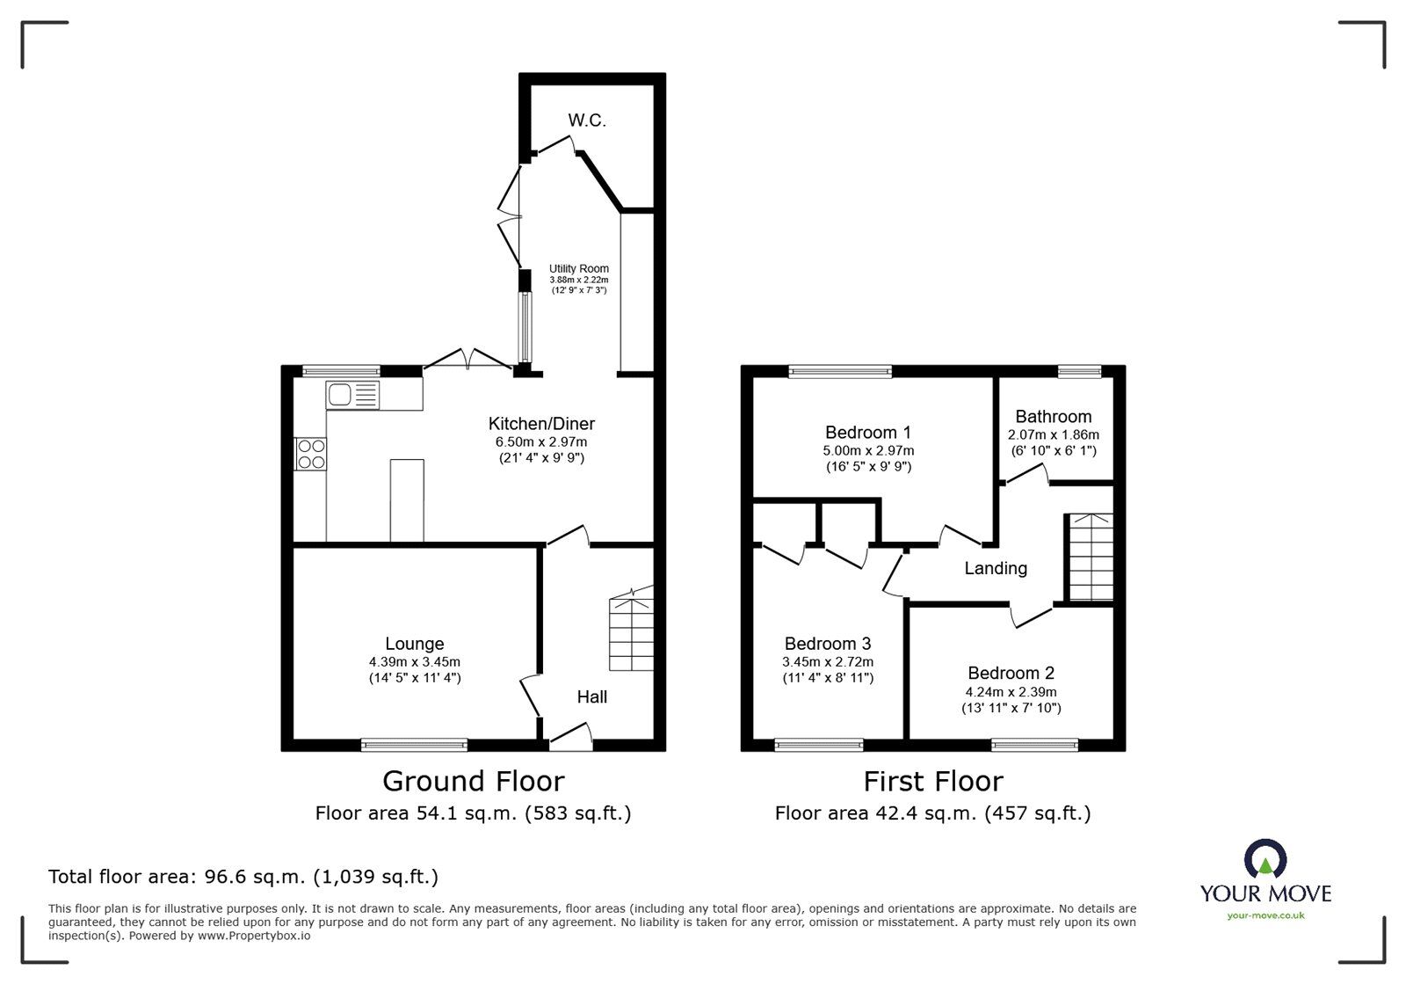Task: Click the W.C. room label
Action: click(x=586, y=120)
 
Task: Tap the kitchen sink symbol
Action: click(x=352, y=395)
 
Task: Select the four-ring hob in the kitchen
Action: click(x=310, y=454)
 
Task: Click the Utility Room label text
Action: click(x=579, y=269)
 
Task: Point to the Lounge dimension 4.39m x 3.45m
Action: click(x=414, y=662)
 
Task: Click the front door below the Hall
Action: click(x=569, y=737)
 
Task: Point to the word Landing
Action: click(x=995, y=568)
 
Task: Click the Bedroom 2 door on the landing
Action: click(x=1032, y=614)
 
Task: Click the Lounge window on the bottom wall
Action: click(x=414, y=746)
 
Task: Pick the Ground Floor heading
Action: click(x=473, y=781)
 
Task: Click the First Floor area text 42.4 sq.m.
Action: click(x=932, y=813)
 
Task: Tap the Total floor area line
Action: click(x=243, y=877)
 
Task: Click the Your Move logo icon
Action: click(x=1265, y=860)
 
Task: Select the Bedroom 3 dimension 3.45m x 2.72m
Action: click(x=828, y=662)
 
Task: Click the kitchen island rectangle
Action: click(x=407, y=499)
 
